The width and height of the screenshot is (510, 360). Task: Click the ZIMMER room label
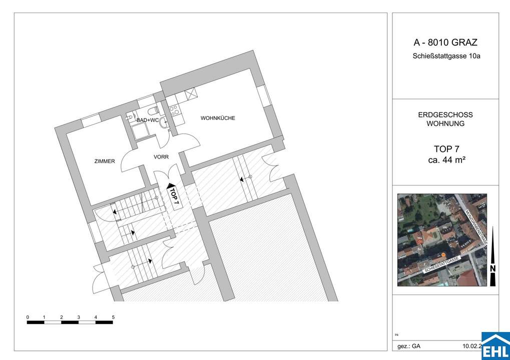tap(105, 161)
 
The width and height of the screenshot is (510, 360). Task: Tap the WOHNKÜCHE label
tap(218, 118)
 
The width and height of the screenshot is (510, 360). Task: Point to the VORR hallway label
tap(161, 157)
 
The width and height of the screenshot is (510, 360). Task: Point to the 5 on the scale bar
tap(114, 317)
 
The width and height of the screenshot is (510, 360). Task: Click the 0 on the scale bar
tap(28, 317)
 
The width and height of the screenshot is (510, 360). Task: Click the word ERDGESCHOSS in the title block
tap(445, 114)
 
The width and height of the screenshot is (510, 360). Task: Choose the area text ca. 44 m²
tap(445, 160)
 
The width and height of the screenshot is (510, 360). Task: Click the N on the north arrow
tap(493, 268)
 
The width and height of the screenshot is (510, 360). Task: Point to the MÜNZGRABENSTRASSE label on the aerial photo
tap(476, 227)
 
